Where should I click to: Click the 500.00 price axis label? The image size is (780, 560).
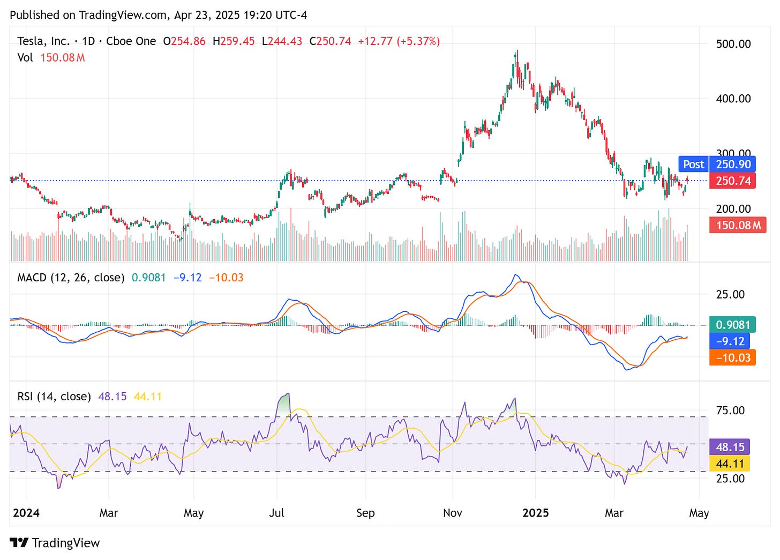click(733, 44)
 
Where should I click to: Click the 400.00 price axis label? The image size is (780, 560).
click(733, 99)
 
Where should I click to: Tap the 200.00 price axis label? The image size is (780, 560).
click(733, 208)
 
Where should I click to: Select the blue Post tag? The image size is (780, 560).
click(693, 165)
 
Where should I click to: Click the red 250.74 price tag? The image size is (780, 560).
click(733, 181)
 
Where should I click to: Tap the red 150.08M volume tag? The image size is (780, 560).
click(738, 225)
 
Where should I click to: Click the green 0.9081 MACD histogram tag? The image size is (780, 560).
click(733, 325)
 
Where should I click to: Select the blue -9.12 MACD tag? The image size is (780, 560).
click(730, 341)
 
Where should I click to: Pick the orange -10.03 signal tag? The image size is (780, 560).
click(732, 357)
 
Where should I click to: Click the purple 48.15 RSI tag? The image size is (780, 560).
click(730, 447)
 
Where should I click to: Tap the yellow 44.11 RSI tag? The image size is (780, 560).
click(730, 464)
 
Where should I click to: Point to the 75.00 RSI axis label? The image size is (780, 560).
click(730, 410)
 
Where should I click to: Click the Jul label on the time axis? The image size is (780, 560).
click(276, 513)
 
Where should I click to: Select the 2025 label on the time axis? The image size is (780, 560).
click(535, 513)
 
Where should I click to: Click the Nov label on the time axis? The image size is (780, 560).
click(452, 513)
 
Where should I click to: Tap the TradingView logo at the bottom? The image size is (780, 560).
click(55, 543)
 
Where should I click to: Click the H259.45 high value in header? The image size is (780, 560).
click(234, 41)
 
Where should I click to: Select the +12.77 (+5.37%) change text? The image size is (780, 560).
click(399, 41)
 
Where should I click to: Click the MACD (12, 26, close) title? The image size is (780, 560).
click(71, 278)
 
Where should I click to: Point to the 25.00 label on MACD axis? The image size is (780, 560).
click(730, 294)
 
